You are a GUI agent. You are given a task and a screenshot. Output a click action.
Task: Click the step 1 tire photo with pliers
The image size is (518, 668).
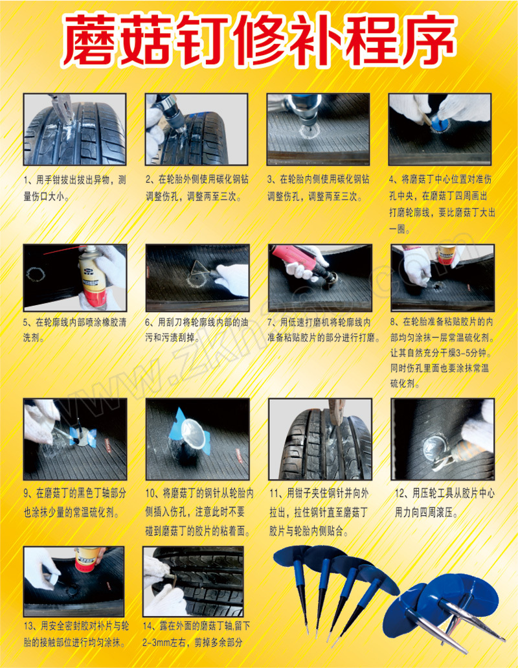pos(75,130)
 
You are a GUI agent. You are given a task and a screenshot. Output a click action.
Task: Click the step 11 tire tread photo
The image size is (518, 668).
pos(320,439)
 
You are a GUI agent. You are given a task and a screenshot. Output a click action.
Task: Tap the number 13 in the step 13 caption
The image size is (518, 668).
pos(28,626)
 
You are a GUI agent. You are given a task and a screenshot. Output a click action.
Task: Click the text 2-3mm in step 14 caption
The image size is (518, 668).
pos(156,643)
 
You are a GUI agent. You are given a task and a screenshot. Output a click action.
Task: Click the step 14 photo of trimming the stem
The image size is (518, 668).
pos(193,582)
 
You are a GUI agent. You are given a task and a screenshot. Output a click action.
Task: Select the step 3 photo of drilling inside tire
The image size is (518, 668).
pos(319,130)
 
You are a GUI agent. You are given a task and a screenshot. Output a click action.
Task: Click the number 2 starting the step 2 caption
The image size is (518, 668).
pos(148,179)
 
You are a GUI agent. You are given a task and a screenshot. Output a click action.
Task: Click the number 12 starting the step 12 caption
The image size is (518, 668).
pos(400,494)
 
